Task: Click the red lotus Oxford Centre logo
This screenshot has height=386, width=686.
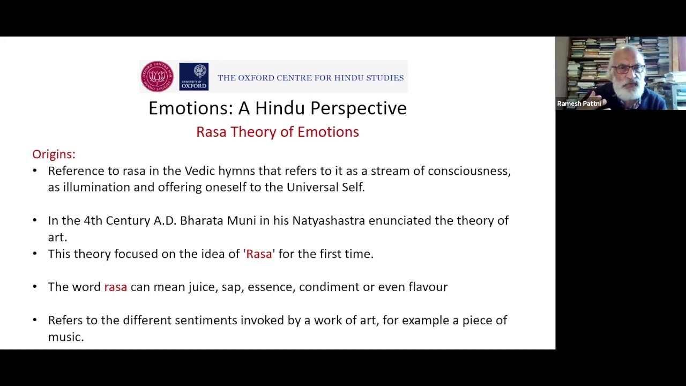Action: pos(157,76)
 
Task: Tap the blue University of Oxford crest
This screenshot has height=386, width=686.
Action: pos(193,76)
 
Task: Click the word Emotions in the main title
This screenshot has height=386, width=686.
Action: pos(190,108)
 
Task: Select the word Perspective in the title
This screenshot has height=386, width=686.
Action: pos(358,108)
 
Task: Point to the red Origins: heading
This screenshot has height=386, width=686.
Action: pos(54,154)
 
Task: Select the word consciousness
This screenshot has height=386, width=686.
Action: pos(468,171)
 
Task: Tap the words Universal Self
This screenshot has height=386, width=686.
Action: pos(325,187)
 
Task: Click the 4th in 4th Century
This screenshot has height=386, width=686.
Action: pos(93,220)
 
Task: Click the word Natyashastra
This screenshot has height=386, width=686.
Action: pos(328,220)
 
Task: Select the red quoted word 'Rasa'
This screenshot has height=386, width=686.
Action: pos(259,254)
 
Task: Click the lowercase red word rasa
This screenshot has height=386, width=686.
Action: pos(115,287)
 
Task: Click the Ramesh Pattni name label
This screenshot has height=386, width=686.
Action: pos(579,103)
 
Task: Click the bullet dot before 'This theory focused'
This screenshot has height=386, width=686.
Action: pos(35,254)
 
